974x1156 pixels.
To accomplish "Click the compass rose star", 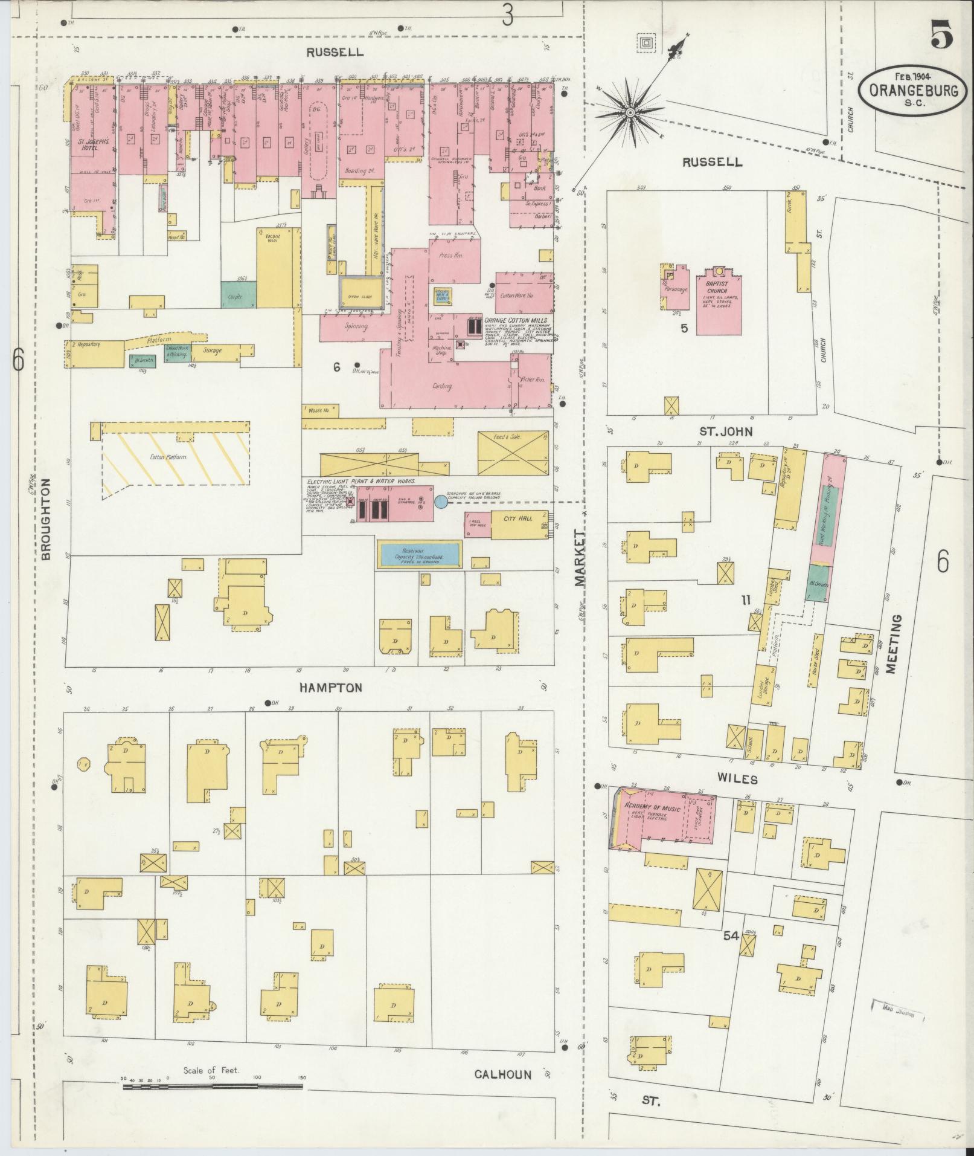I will click(630, 112).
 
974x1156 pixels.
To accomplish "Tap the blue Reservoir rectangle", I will click(420, 554).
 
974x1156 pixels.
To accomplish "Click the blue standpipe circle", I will click(441, 502).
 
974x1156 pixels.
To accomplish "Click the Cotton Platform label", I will click(168, 457).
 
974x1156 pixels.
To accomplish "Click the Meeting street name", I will click(894, 644).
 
